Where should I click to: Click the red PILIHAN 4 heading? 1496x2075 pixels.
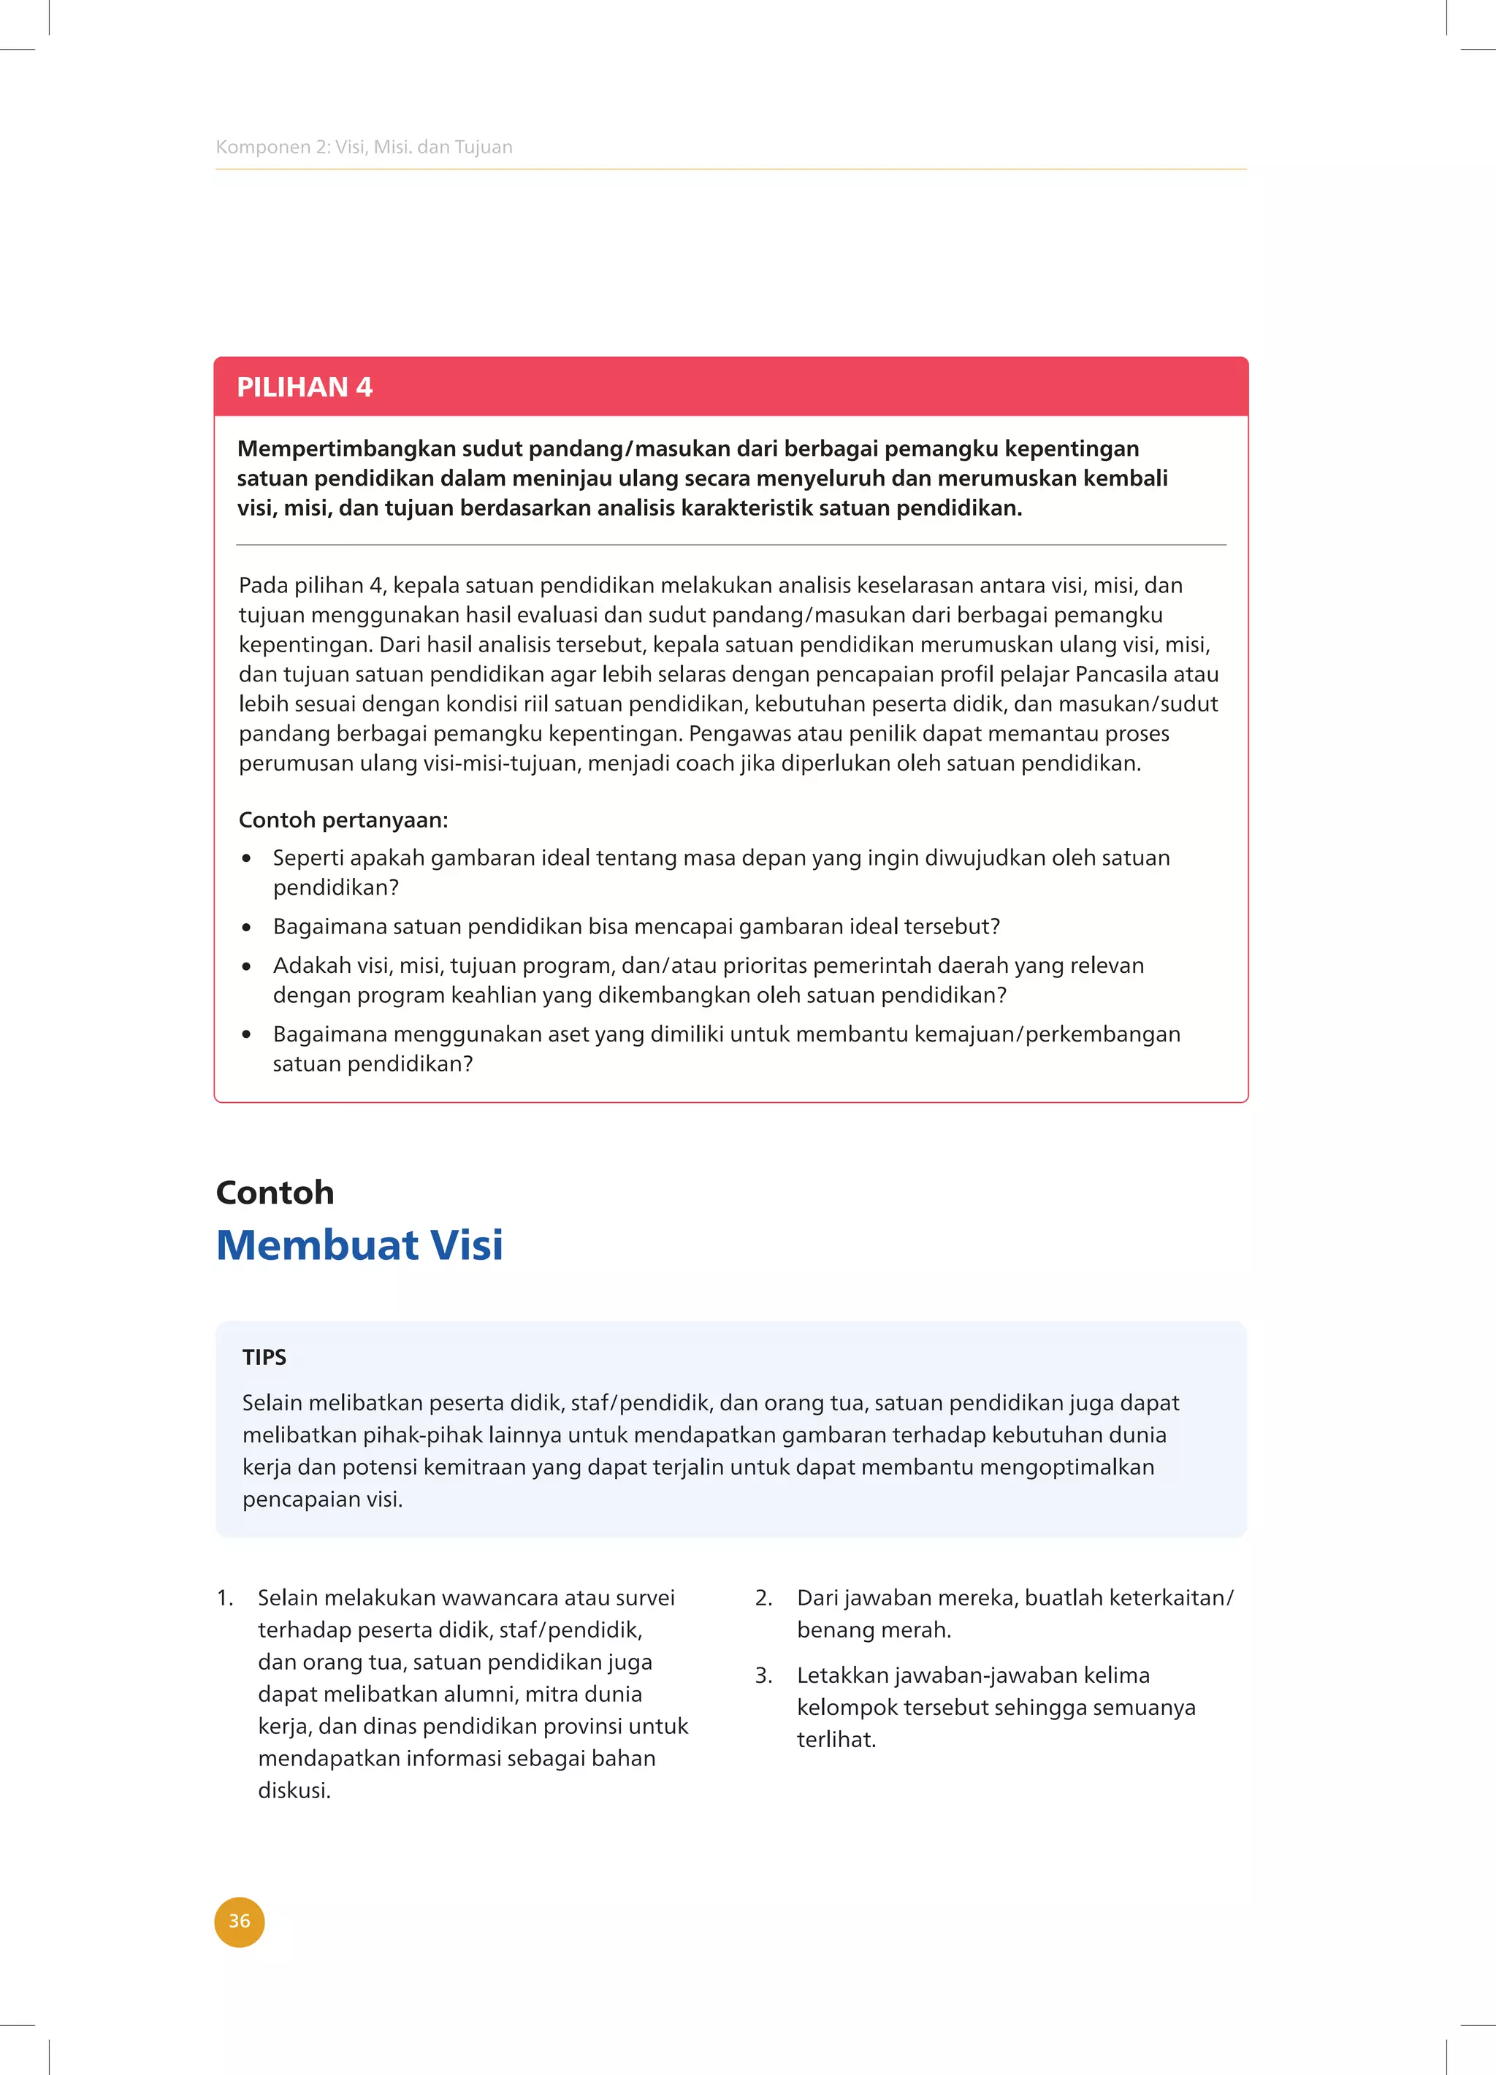pyautogui.click(x=305, y=387)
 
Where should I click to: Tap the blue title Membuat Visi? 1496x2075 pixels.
pyautogui.click(x=359, y=1245)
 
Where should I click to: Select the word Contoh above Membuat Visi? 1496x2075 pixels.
pyautogui.click(x=275, y=1192)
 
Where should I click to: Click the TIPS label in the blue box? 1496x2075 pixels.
pyautogui.click(x=264, y=1357)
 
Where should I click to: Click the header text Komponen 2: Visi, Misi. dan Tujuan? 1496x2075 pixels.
pyautogui.click(x=363, y=146)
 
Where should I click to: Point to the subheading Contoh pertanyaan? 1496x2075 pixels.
pyautogui.click(x=343, y=819)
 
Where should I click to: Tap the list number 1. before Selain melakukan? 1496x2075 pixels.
pyautogui.click(x=225, y=1597)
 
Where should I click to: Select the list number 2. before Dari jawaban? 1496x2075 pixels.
pyautogui.click(x=764, y=1597)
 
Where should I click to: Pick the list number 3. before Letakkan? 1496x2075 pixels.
pyautogui.click(x=764, y=1675)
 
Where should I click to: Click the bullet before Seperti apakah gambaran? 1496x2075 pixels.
pyautogui.click(x=246, y=858)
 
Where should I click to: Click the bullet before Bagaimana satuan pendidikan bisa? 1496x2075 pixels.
pyautogui.click(x=246, y=927)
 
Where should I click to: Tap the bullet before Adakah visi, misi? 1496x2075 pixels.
pyautogui.click(x=246, y=966)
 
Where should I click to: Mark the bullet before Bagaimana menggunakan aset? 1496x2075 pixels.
pyautogui.click(x=246, y=1035)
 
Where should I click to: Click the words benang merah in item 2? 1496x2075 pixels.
pyautogui.click(x=873, y=1629)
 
